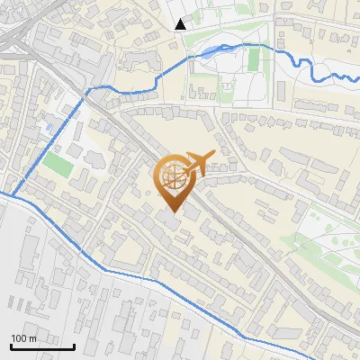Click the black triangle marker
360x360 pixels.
coord(181,24)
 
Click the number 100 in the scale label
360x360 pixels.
coord(19,338)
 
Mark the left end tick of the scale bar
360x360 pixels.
coord(11,346)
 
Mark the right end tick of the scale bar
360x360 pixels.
coord(75,346)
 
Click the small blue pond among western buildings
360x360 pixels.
coord(48,129)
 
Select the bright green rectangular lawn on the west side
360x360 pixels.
coord(58,165)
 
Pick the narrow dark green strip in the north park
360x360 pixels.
coord(254,59)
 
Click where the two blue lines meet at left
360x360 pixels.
coord(13,193)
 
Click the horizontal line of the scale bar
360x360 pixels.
coord(42,346)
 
